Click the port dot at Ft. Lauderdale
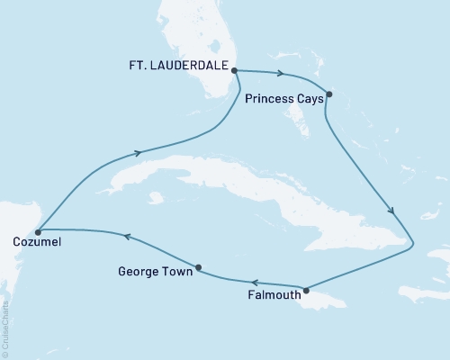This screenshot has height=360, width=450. point(235,70)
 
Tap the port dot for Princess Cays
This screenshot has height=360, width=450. point(329,94)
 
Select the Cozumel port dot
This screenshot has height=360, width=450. point(38,232)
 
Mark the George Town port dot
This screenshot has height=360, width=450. point(198,267)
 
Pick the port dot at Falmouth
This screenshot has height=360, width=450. point(307,290)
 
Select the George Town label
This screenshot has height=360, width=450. point(155,271)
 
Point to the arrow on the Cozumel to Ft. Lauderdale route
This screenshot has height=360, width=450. point(137,153)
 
